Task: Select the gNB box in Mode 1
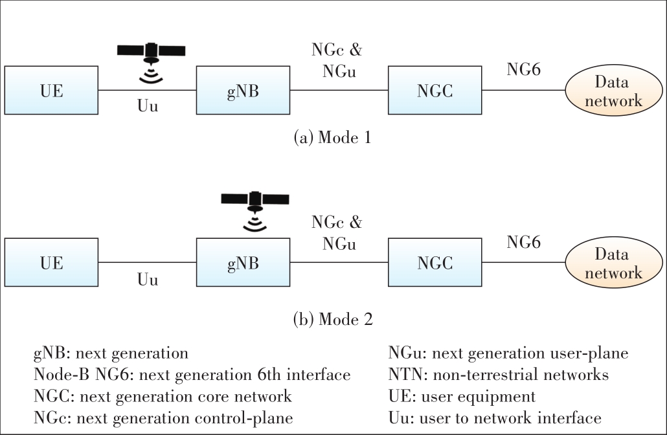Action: (243, 90)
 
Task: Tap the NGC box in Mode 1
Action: (435, 90)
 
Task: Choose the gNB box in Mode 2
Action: (243, 263)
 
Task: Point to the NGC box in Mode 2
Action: (435, 263)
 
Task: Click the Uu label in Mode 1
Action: (148, 106)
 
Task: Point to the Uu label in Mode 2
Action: (148, 280)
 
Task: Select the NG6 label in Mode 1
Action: (524, 69)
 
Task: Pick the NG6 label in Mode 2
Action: (524, 243)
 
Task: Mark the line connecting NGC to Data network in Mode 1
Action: (523, 90)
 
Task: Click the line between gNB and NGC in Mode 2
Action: (337, 263)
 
